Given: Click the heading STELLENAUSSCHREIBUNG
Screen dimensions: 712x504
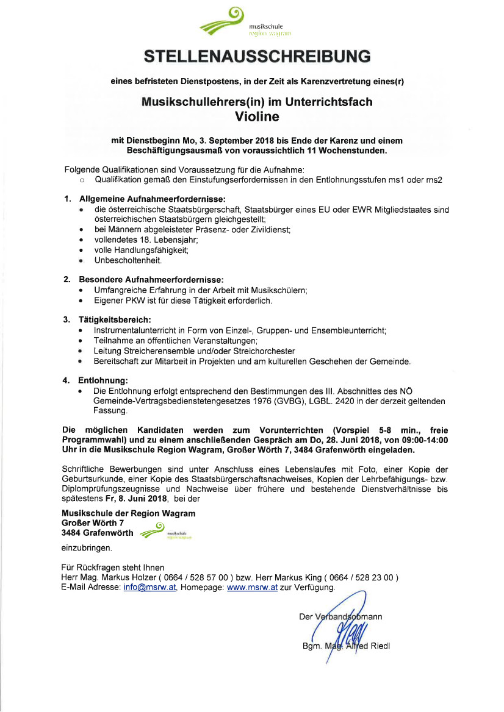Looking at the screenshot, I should (x=257, y=57).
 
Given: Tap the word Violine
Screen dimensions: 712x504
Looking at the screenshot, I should (x=256, y=116).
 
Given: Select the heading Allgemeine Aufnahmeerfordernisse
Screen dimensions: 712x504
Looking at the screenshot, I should (x=152, y=199).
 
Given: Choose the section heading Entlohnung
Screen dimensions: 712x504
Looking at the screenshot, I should (x=103, y=380).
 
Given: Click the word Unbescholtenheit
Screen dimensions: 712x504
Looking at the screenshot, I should (x=128, y=260).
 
